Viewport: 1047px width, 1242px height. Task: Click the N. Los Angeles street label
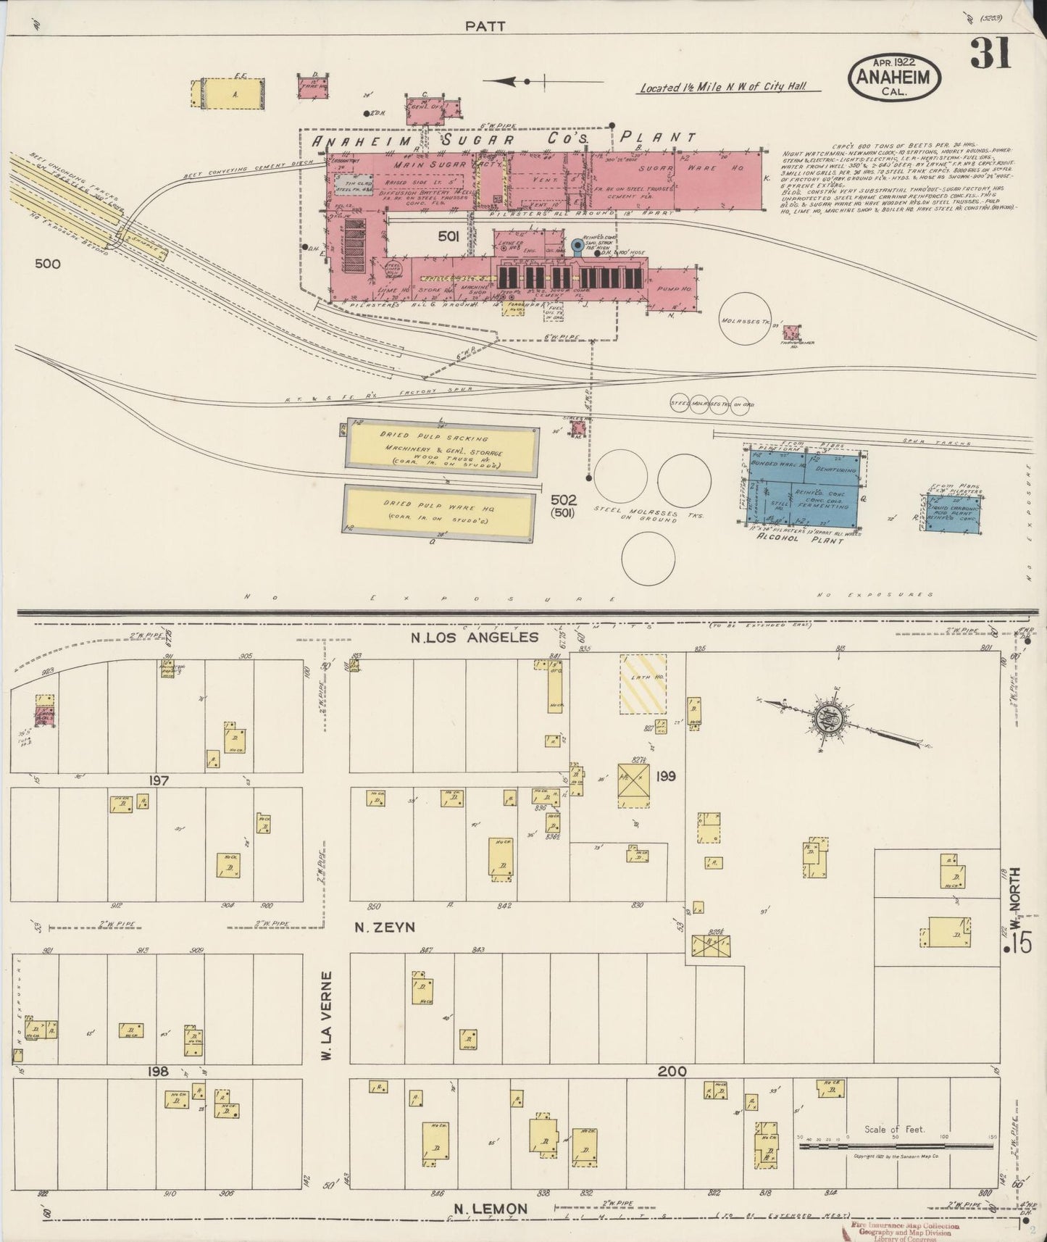pyautogui.click(x=475, y=637)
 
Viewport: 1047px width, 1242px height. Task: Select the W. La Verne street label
pyautogui.click(x=328, y=1017)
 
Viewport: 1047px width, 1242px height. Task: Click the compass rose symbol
pyautogui.click(x=826, y=720)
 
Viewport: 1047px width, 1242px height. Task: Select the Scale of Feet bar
pyautogui.click(x=896, y=1146)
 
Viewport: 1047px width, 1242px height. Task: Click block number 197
pyautogui.click(x=159, y=780)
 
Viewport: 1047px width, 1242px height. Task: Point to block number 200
pyautogui.click(x=672, y=1071)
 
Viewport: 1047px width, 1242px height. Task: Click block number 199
pyautogui.click(x=665, y=776)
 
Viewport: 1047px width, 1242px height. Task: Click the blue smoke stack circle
pyautogui.click(x=577, y=246)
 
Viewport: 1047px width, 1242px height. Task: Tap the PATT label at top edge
pyautogui.click(x=485, y=25)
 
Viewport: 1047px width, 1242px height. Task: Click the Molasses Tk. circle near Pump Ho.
pyautogui.click(x=751, y=319)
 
